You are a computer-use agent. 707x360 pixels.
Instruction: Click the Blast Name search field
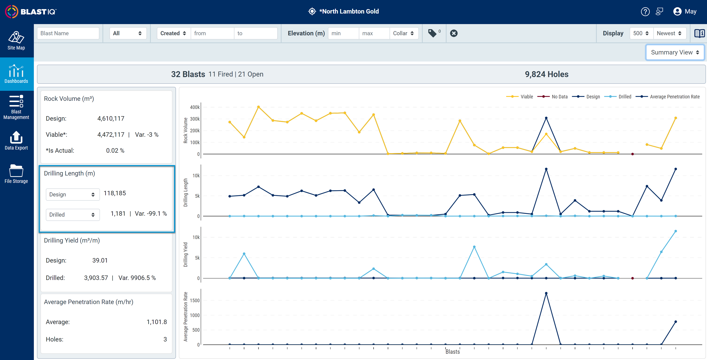pos(68,33)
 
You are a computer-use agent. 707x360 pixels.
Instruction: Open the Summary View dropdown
pos(675,52)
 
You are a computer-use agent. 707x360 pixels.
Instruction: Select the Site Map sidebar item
pos(16,41)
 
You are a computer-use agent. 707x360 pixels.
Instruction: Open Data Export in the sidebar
pos(16,141)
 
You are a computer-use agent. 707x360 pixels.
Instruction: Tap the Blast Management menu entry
pos(16,107)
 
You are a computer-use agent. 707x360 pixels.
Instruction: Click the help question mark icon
pos(645,12)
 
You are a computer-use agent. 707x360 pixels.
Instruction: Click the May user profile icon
pos(677,12)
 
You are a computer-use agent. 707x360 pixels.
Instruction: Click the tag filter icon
pos(432,33)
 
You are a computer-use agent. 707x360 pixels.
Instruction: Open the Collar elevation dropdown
pos(403,33)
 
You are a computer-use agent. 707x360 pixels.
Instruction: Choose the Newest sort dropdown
pos(669,33)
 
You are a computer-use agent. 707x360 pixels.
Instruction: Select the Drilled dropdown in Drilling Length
pos(72,215)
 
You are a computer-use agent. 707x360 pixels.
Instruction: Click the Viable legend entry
pos(520,97)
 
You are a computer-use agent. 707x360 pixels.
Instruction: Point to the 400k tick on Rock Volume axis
pos(195,107)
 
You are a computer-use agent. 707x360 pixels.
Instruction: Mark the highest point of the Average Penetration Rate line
pos(546,293)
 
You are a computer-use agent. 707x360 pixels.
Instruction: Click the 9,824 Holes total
pos(546,74)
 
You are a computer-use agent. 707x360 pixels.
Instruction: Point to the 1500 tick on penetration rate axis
pos(195,300)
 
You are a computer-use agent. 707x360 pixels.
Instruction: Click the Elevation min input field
pos(343,33)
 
